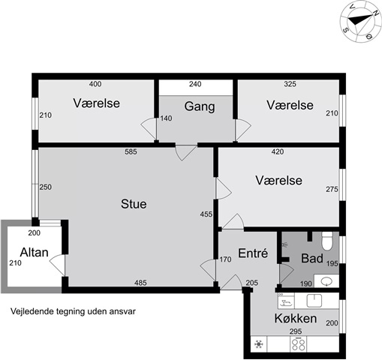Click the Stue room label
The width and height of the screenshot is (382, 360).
click(134, 204)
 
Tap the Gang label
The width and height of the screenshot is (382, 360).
click(200, 106)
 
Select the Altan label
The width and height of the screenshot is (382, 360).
click(34, 252)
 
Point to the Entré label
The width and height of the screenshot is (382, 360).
click(253, 253)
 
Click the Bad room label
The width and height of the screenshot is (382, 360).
click(312, 258)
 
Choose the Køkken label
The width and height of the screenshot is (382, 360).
click(296, 318)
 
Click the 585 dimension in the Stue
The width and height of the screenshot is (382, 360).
click(131, 151)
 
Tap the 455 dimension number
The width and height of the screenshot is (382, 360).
click(206, 214)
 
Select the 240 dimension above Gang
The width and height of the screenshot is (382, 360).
click(195, 84)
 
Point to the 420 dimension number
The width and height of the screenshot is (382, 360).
click(278, 151)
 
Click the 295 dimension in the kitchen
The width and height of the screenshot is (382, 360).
click(296, 331)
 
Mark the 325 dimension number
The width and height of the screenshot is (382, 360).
click(290, 84)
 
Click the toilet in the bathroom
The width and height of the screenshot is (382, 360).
click(327, 241)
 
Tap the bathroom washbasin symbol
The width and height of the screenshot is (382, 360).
click(326, 281)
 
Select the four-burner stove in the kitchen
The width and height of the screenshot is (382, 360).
click(298, 343)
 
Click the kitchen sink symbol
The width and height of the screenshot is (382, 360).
click(314, 301)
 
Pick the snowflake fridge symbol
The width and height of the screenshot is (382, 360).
click(259, 344)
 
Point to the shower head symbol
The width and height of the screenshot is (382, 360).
click(284, 244)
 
